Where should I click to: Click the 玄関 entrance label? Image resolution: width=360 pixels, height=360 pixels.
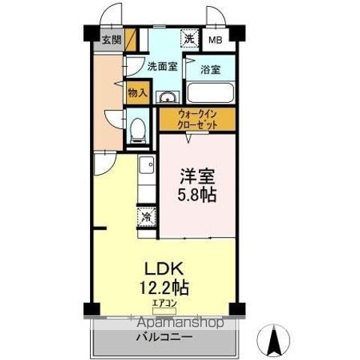[112, 40]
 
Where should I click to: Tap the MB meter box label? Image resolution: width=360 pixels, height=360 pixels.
[215, 40]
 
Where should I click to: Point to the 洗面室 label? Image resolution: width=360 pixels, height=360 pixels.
[162, 66]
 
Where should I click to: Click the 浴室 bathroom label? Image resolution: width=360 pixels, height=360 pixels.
[211, 70]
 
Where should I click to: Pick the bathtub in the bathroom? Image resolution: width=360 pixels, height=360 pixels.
[210, 92]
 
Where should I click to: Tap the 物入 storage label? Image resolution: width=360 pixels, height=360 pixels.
[137, 93]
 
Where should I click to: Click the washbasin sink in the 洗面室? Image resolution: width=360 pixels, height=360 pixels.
[168, 97]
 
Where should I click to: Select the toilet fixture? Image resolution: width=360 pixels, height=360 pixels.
[137, 130]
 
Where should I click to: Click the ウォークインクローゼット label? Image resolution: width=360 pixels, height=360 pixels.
[197, 119]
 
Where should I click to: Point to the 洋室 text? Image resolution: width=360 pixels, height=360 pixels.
[197, 176]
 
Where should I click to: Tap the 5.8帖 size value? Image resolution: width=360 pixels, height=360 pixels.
[196, 195]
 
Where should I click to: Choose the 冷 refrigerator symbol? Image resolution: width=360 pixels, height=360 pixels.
[146, 217]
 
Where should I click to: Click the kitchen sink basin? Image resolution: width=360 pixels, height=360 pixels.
[147, 165]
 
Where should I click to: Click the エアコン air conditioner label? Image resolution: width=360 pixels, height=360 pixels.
[164, 304]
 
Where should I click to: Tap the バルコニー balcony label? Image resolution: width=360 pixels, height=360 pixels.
[164, 337]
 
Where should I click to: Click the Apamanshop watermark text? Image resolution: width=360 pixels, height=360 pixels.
[180, 322]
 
